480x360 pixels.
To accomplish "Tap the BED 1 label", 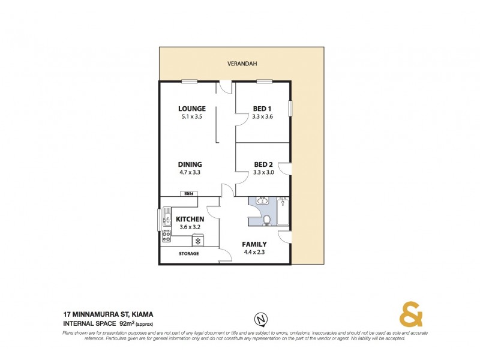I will (263, 109).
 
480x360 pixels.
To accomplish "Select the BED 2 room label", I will (263, 164).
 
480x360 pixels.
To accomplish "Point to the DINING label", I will (190, 164).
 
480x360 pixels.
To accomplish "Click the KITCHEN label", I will (189, 220).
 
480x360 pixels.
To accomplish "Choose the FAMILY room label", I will (254, 244).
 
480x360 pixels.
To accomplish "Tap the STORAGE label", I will (188, 254).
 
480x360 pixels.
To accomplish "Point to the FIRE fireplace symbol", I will (189, 193).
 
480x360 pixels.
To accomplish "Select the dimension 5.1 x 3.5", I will (192, 116).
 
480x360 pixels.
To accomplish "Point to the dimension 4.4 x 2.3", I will (254, 252).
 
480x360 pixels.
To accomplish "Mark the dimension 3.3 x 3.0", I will (263, 172).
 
